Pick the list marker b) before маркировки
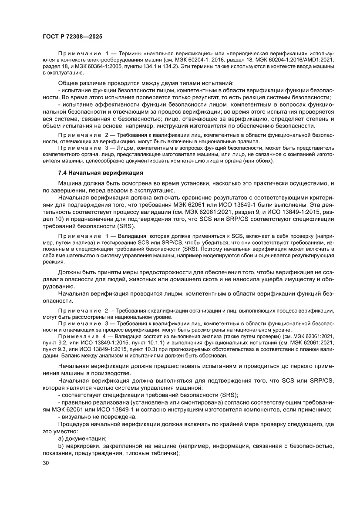[x=61, y=446]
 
